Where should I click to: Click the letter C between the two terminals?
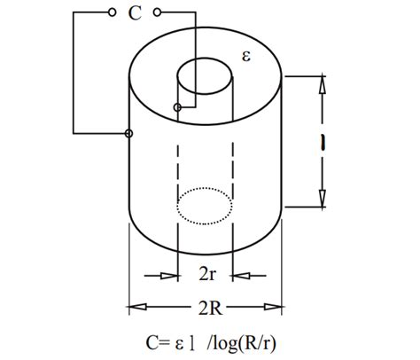click(x=134, y=13)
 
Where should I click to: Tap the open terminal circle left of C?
click(x=112, y=13)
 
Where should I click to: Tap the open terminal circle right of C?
click(x=157, y=13)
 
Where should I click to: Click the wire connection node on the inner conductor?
click(x=178, y=108)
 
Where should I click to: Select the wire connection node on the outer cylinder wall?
click(x=129, y=134)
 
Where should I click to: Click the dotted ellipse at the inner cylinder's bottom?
click(x=206, y=206)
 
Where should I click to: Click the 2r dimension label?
click(x=206, y=275)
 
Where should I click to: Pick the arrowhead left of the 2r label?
click(x=172, y=276)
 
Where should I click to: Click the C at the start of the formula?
click(x=152, y=342)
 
